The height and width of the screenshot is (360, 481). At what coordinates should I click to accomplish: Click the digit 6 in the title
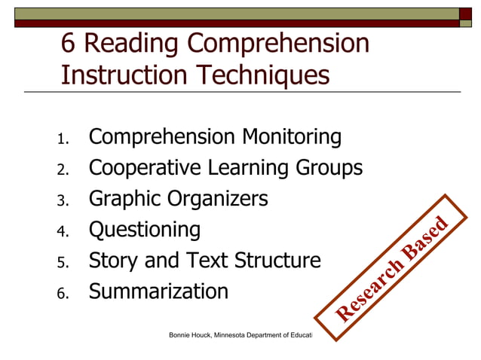pos(68,44)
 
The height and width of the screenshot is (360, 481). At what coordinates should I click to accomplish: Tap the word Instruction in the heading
pos(125,75)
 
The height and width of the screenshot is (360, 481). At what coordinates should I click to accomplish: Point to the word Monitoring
pos(291,138)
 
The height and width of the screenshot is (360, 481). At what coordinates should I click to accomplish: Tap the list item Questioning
pos(145,230)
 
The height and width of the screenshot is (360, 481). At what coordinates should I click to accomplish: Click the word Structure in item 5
pos(277,261)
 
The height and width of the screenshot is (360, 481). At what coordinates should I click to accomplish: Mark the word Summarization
pos(158,291)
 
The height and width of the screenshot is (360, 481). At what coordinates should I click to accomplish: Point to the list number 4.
pos(63,231)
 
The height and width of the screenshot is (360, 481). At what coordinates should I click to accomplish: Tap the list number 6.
pos(63,293)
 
